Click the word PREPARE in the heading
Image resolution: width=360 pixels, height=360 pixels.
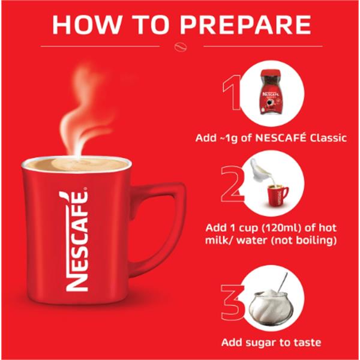coord(245,25)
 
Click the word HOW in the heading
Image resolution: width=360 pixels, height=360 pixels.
coord(85,25)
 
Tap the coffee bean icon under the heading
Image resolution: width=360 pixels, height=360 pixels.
coord(181,47)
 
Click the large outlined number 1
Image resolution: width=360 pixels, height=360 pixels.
coord(232,92)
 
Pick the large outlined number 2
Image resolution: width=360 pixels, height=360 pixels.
coord(232,185)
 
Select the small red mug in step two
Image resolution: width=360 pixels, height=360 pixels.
coord(277,196)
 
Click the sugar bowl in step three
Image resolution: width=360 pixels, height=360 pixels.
coord(271,307)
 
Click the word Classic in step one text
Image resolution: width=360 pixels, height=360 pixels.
coord(328,138)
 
